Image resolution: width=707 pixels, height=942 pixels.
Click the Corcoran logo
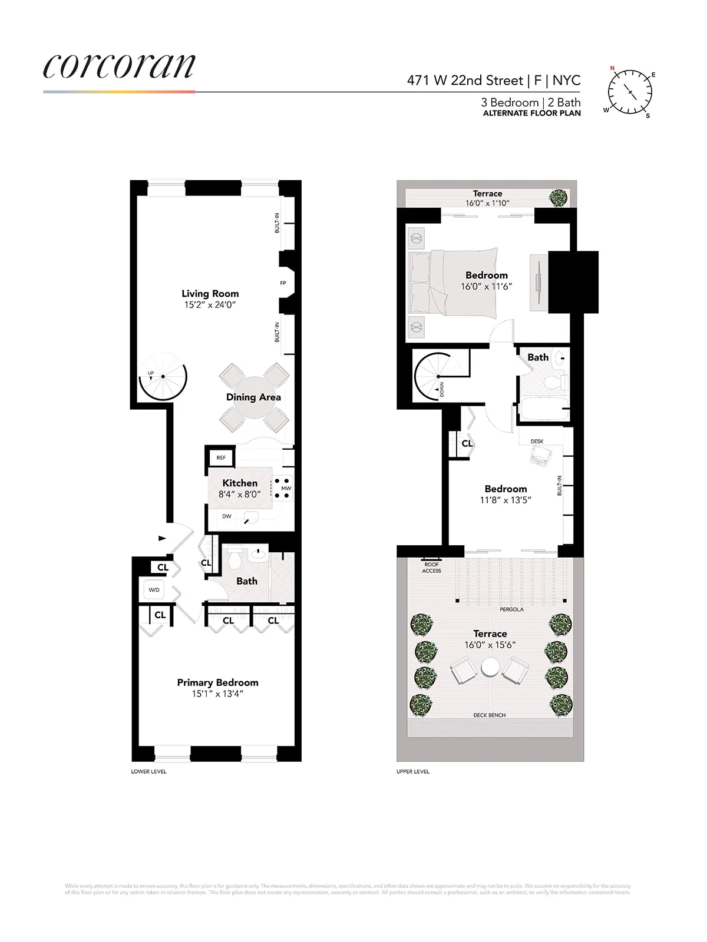coord(119,67)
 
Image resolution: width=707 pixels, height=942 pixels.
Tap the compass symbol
coord(630,92)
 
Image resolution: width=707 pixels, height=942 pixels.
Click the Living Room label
coord(210,294)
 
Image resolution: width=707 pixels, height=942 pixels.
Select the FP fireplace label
coord(283,283)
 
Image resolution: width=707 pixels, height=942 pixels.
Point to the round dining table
coord(254,397)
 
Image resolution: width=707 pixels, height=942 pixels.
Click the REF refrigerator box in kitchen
coord(221,457)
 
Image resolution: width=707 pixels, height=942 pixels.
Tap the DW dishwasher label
coord(227,516)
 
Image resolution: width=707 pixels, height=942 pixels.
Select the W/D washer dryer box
coord(154,590)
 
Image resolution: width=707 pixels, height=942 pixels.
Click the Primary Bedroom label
coord(217,682)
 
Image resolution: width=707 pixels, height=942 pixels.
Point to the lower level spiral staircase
coord(163,377)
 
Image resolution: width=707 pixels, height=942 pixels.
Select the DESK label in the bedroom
coord(537,441)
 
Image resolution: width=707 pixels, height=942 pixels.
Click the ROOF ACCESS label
coord(431,568)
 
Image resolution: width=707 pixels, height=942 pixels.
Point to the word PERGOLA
coord(511,609)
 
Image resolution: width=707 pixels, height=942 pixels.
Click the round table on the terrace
coord(490,667)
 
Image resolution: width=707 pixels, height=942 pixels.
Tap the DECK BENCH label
coord(490,715)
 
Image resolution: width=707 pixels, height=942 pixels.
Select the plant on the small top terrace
coord(559,197)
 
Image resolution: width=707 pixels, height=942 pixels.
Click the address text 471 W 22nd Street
coord(465,81)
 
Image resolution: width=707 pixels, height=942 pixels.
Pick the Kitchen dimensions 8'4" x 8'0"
coord(239,495)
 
